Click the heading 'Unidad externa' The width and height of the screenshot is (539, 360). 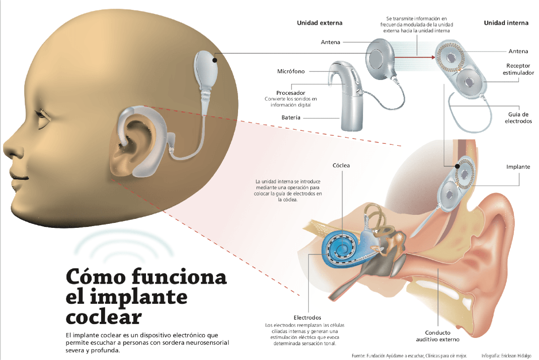319,23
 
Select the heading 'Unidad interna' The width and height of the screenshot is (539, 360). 506,23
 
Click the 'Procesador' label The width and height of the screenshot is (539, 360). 291,93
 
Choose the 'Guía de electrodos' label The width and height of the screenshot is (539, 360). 518,118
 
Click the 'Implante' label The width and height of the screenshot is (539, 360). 518,167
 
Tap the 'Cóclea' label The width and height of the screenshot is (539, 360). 341,165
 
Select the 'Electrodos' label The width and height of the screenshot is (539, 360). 307,318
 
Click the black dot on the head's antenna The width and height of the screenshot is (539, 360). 215,60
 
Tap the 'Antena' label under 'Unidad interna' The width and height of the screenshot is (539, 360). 518,51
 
